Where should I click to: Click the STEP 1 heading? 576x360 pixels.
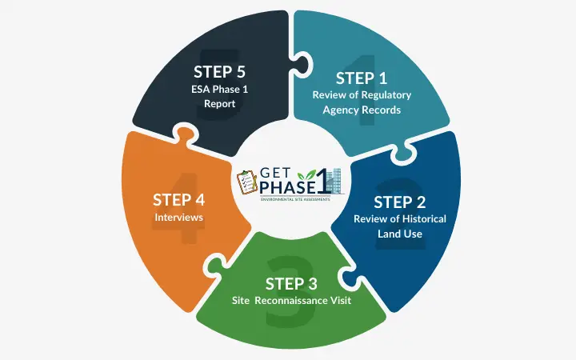[362, 78]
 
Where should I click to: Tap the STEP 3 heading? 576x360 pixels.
[288, 283]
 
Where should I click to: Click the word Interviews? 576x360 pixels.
[179, 217]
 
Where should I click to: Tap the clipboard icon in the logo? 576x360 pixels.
[248, 182]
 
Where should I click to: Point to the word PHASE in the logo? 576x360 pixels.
[288, 188]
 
